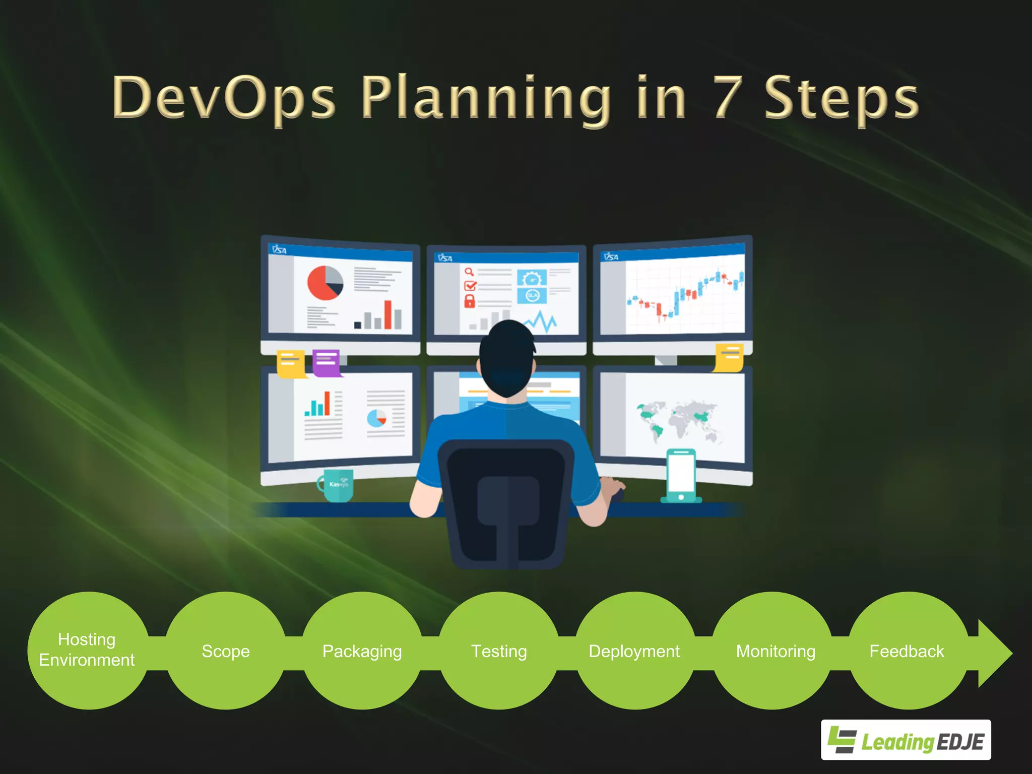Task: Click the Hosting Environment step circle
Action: [87, 650]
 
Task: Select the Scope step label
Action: [226, 651]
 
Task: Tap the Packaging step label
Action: [362, 651]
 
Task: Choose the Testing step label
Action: [499, 651]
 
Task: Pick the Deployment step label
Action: [634, 651]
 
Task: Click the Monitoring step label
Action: [776, 651]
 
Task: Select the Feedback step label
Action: [907, 651]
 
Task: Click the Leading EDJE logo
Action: [906, 740]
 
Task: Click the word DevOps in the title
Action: [224, 97]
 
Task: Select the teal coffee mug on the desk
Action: [337, 485]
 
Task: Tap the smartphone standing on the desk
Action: [681, 476]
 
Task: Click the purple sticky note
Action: [326, 362]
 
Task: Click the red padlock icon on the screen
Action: [470, 301]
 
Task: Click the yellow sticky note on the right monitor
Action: [729, 357]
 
